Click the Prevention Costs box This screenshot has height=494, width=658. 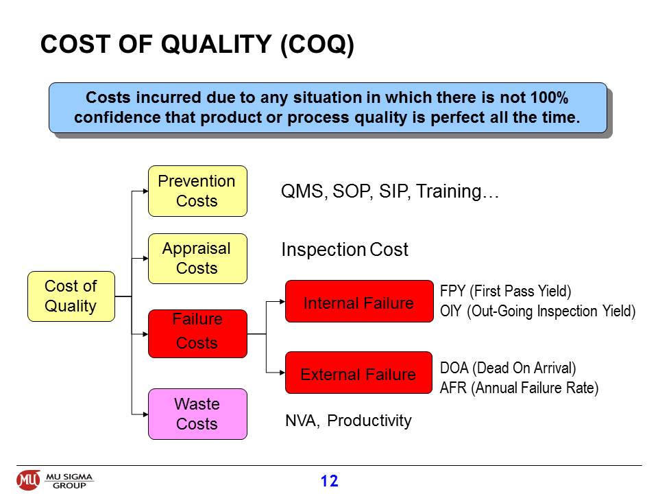click(x=197, y=191)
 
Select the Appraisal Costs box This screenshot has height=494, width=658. click(x=197, y=259)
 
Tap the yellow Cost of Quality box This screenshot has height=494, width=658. click(x=71, y=296)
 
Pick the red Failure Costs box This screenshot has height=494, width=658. click(x=197, y=334)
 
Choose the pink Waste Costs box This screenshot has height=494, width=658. click(x=197, y=414)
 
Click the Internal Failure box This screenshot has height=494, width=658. click(x=359, y=301)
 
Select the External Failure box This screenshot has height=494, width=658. click(x=358, y=373)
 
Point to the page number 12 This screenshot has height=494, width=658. click(x=330, y=481)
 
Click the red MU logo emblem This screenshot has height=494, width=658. click(x=28, y=480)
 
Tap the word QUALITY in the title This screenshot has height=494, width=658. click(x=216, y=44)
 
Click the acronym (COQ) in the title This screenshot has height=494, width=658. click(x=317, y=45)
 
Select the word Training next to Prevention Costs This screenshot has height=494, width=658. click(x=448, y=191)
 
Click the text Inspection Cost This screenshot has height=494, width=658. click(x=345, y=250)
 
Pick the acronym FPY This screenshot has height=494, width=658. click(x=453, y=291)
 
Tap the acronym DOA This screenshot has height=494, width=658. click(x=454, y=368)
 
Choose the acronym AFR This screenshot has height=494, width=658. click(x=453, y=388)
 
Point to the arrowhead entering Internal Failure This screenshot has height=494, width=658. click(x=282, y=301)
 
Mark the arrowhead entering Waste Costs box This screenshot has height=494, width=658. click(x=145, y=414)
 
